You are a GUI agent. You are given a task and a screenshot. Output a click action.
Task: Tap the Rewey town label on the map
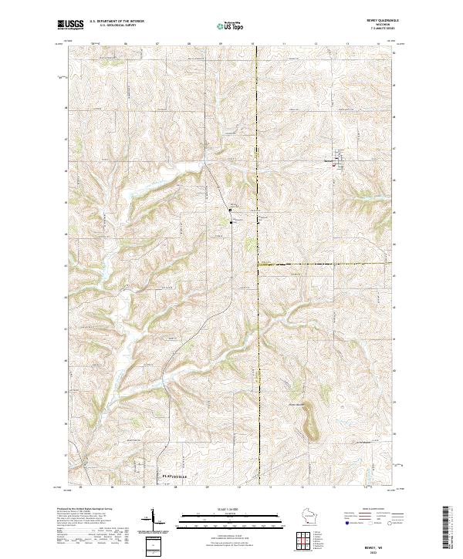329,160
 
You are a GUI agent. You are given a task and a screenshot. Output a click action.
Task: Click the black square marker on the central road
229,210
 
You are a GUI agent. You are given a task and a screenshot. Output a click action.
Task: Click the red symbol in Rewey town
333,165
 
